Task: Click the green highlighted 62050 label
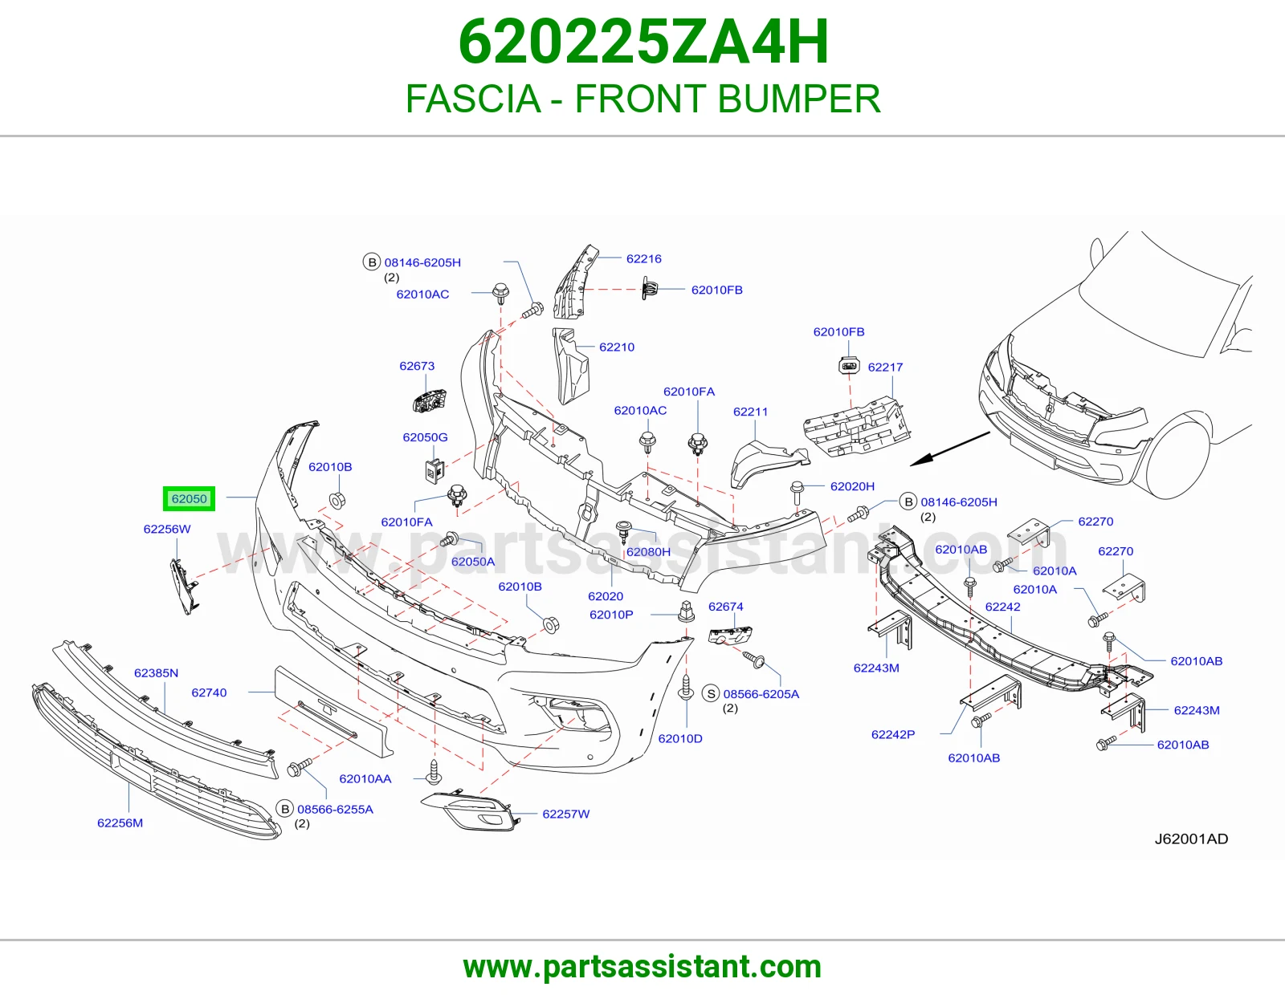190,498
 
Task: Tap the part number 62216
643,259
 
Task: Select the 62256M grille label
120,823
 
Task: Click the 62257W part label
566,814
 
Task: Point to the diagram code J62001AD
1191,839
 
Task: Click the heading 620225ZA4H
643,43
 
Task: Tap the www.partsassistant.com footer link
642,967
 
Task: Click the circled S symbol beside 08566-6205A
711,693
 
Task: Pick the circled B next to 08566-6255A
285,809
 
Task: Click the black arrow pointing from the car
950,449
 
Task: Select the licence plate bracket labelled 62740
334,712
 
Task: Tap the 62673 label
417,366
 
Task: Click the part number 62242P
893,734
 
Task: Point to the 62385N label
156,673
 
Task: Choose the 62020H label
852,486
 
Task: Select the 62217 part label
885,367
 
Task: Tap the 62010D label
680,738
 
